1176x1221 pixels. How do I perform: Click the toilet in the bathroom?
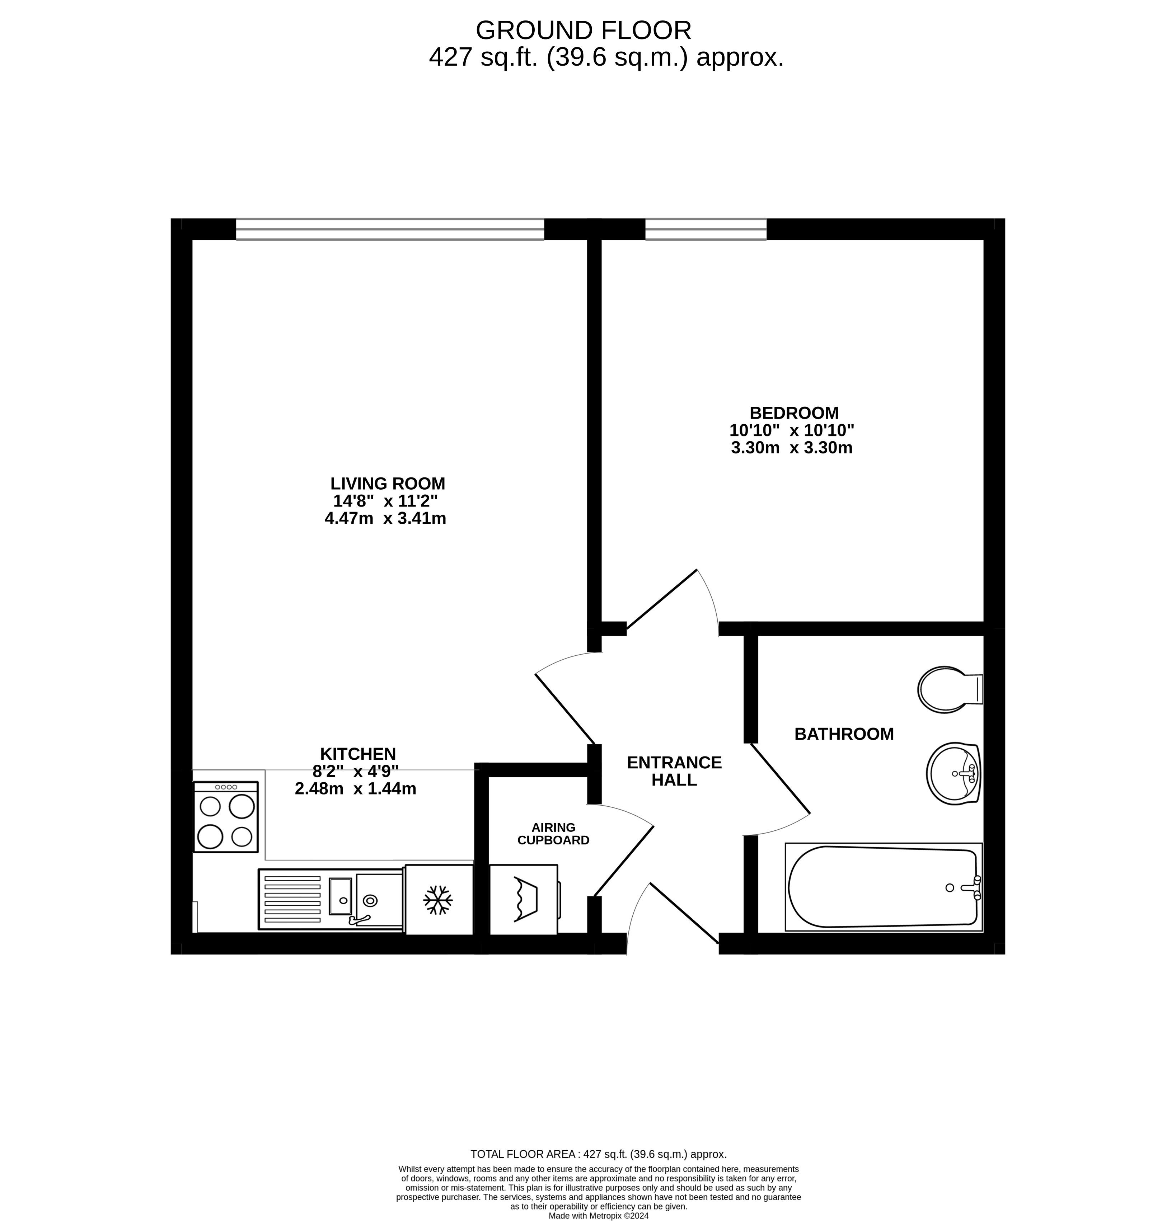click(x=950, y=690)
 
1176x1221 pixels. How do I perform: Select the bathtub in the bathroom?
click(x=883, y=887)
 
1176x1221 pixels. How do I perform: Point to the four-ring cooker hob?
click(x=226, y=817)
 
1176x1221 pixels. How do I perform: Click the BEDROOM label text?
click(x=793, y=413)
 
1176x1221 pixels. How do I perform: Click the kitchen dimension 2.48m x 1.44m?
click(x=355, y=789)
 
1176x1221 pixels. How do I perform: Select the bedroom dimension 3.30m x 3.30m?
click(x=792, y=447)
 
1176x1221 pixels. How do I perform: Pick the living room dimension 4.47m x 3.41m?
click(x=385, y=518)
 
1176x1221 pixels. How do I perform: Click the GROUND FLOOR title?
click(x=583, y=30)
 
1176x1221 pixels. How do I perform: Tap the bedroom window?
click(x=706, y=229)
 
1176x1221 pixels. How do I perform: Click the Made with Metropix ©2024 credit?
click(x=598, y=1215)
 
